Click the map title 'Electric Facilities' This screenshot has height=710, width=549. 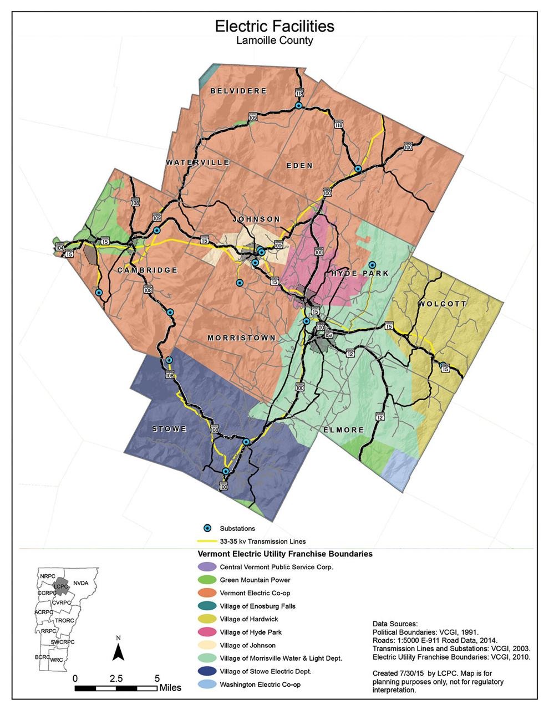(x=274, y=25)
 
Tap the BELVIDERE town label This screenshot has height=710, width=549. (x=239, y=91)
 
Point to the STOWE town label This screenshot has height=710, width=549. (x=169, y=429)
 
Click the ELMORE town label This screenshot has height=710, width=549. (x=343, y=430)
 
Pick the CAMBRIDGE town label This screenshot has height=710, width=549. (x=148, y=270)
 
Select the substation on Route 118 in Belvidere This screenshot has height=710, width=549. (x=298, y=105)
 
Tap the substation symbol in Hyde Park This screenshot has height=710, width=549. (x=373, y=265)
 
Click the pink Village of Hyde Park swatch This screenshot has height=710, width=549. (x=206, y=632)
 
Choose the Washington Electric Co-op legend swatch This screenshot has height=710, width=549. (x=206, y=685)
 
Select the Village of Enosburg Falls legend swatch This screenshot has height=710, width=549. (x=206, y=606)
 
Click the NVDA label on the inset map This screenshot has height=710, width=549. (x=81, y=583)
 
